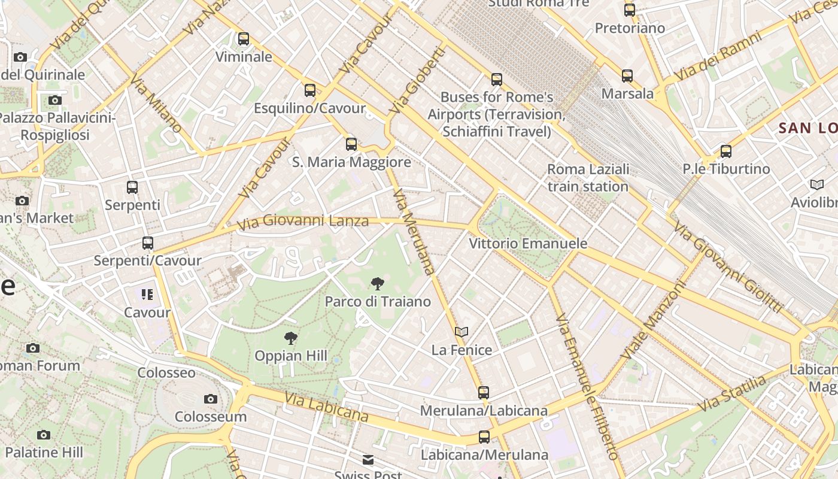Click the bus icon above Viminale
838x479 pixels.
[x=244, y=39]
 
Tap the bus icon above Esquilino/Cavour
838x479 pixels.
[x=310, y=90]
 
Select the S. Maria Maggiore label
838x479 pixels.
[x=351, y=162]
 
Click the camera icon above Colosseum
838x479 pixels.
[x=211, y=399]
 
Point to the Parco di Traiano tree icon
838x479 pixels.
[x=378, y=284]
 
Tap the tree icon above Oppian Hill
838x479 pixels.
[x=291, y=338]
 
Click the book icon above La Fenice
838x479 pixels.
[x=461, y=332]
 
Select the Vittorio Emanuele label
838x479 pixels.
[x=527, y=244]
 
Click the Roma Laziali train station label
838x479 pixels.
[x=588, y=178]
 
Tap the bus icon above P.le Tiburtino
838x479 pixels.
[x=726, y=151]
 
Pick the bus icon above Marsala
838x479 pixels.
[x=627, y=76]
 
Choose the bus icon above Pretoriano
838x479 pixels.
[x=630, y=10]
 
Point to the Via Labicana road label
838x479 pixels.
[x=326, y=407]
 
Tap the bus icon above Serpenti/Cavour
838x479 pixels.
[x=148, y=243]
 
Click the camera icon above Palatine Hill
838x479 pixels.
[x=44, y=435]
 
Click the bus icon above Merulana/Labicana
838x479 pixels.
[x=484, y=393]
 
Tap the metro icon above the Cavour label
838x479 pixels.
[x=147, y=295]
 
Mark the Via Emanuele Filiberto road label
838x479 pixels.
[x=585, y=386]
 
